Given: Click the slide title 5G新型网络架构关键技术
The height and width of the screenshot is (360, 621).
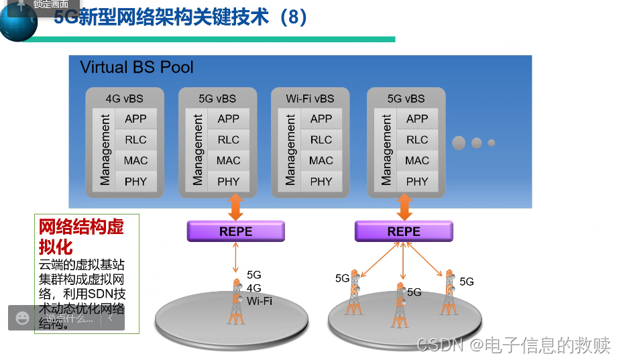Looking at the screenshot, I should point(181,16).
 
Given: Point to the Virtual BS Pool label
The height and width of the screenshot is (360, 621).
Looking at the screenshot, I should point(137,67).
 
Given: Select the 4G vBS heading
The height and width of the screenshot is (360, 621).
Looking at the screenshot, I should point(124,98).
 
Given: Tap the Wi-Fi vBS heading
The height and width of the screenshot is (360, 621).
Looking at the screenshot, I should point(310,98).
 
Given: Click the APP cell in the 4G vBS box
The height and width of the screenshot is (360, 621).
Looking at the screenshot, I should point(135,119).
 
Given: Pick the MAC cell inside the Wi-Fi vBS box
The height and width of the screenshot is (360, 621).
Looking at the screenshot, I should point(321,160).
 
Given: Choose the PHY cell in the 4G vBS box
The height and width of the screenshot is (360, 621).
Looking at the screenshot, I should point(135,181).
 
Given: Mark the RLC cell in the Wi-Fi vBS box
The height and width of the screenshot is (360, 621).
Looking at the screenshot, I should point(321,139).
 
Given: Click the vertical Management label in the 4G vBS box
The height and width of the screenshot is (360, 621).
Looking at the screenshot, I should point(105,149).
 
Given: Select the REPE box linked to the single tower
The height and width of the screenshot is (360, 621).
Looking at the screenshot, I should point(235,231).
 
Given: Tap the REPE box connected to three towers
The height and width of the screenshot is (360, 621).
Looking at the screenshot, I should point(404,231).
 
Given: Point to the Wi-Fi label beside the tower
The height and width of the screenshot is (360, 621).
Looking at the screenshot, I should point(260,301).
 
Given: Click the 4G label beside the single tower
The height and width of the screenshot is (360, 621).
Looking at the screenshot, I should point(254,288).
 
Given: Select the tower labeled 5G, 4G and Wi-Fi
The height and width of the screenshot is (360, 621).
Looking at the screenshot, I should point(235,302).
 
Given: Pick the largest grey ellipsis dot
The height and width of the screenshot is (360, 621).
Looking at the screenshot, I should point(459,143).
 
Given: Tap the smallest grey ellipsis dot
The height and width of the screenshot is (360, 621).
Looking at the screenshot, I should point(492,143).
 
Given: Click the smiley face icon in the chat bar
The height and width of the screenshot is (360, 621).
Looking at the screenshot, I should point(23,318).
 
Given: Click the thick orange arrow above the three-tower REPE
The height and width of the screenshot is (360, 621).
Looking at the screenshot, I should point(404,207).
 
